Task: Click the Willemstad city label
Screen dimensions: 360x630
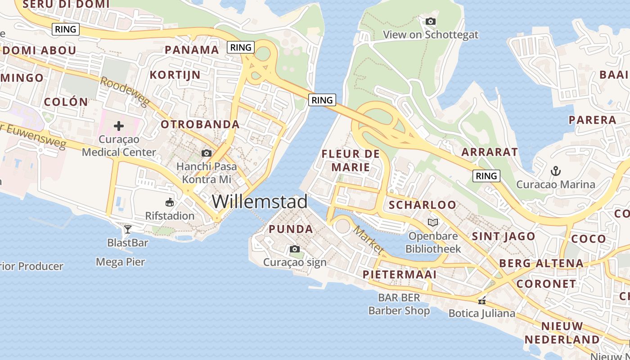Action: point(260,201)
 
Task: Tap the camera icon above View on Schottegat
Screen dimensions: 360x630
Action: point(431,21)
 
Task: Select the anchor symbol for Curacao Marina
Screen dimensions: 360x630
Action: point(556,171)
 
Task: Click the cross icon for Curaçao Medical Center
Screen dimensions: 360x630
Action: point(119,126)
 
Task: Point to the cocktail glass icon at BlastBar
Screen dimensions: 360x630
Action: point(128,229)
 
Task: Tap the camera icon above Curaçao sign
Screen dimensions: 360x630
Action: point(295,249)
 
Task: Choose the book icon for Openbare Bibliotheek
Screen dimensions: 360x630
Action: point(433,222)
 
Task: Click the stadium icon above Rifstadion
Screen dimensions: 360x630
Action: point(170,202)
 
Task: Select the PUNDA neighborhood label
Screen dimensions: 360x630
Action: point(291,229)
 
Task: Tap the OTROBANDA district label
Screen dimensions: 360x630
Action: point(200,124)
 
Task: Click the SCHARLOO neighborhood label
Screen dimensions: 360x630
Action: point(423,205)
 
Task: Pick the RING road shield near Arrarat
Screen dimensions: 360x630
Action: point(486,175)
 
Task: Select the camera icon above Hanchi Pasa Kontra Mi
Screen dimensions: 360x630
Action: point(207,153)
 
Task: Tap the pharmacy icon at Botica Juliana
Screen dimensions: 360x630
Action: point(482,301)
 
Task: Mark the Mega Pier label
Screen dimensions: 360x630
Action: point(121,261)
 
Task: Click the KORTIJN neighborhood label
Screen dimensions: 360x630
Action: point(175,75)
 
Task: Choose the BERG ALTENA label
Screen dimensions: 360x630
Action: point(541,263)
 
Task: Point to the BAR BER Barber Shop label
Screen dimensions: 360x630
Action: point(399,304)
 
